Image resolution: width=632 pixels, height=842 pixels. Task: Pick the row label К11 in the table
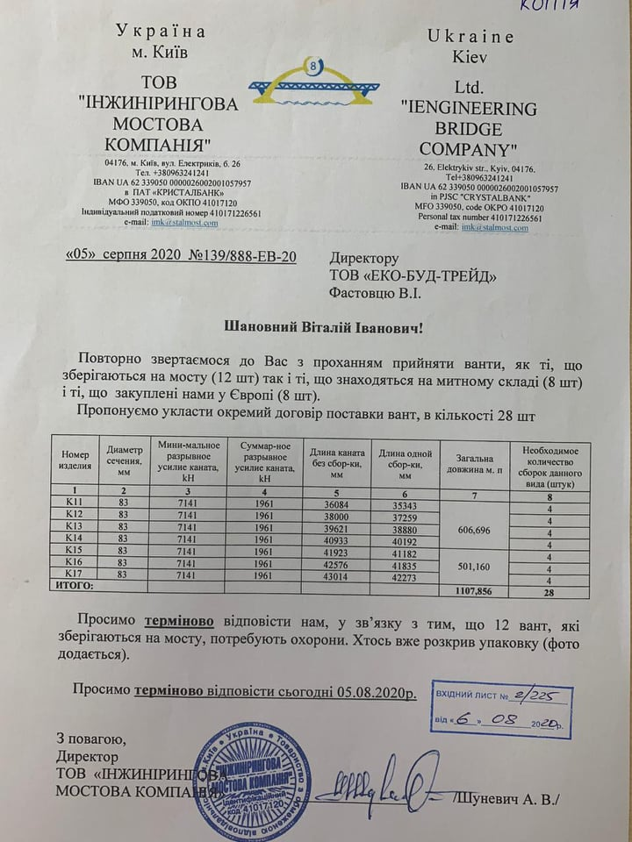pyautogui.click(x=74, y=500)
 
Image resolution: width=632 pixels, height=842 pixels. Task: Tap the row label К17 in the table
pyautogui.click(x=74, y=575)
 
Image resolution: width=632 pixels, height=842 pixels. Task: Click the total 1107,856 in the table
pyautogui.click(x=477, y=591)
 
